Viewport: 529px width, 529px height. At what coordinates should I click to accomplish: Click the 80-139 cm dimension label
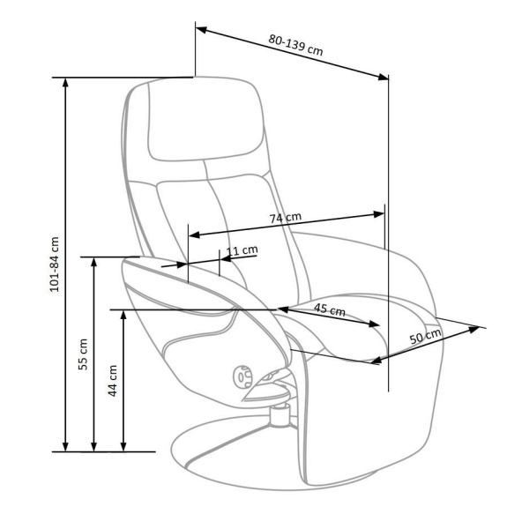296,45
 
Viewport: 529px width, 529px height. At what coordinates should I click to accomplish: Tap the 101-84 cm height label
55,264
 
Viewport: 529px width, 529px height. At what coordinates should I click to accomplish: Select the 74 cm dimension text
286,218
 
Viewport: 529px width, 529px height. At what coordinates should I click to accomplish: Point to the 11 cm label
242,250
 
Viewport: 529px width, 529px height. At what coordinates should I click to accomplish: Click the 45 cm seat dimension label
330,309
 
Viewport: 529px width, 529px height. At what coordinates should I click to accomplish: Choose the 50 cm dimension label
426,336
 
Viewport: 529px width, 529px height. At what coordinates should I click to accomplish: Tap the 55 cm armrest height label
83,354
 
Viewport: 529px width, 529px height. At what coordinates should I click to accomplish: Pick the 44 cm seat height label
113,381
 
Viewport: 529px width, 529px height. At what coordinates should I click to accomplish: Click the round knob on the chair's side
242,376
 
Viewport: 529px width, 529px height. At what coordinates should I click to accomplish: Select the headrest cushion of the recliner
205,120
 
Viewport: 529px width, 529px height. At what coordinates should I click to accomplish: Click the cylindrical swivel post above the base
279,415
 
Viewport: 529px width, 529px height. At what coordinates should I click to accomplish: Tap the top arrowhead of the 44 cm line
123,315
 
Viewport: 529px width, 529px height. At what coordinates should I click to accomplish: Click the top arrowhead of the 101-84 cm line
65,83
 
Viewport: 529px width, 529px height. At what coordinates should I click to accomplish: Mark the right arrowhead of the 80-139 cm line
384,78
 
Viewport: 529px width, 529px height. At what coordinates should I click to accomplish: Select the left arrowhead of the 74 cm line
194,235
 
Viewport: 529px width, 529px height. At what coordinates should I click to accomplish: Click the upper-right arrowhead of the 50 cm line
474,329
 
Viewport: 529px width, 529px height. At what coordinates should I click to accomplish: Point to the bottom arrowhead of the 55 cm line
94,446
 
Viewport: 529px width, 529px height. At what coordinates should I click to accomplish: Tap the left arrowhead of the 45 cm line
283,309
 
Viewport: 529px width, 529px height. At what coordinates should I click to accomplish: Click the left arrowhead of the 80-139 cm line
201,30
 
